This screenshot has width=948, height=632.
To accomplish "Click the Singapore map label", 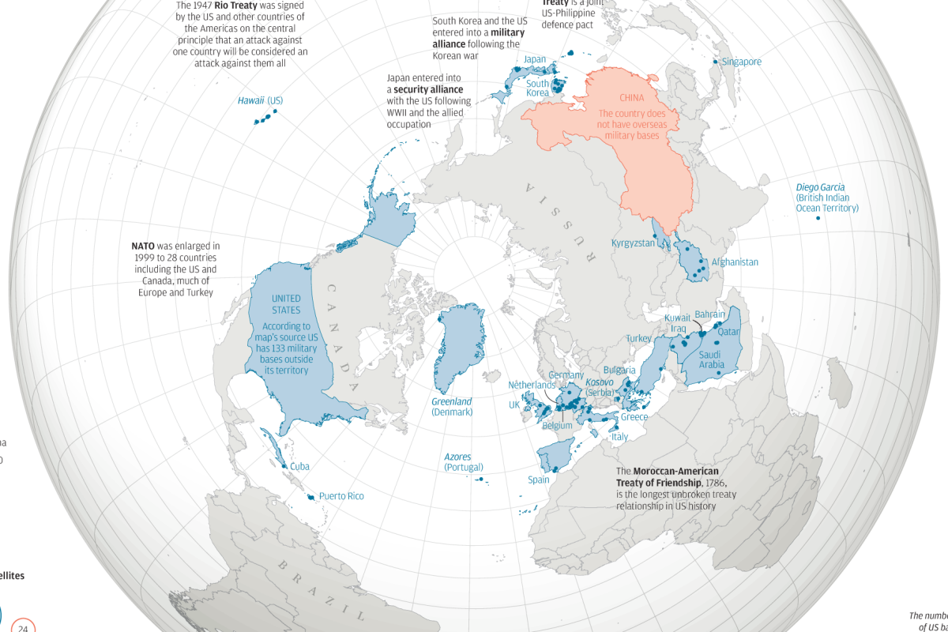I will point(742,62).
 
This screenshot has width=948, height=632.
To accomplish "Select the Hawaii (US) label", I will point(260,100).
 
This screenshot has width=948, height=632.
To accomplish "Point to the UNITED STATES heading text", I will point(286,303).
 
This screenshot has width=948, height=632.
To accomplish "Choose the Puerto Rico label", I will point(341,496).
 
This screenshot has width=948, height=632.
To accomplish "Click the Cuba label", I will point(299,466).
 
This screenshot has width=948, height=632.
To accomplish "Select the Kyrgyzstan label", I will point(633,243).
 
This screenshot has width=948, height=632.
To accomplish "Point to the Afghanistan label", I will point(735,262).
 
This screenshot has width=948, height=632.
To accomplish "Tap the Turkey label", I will point(638,338).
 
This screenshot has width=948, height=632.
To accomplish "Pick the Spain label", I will point(539,480).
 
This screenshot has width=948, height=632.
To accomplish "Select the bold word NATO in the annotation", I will point(142,246).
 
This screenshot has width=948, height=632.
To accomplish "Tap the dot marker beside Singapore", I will point(715,62).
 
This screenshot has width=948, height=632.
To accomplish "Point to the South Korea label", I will point(537,88).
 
